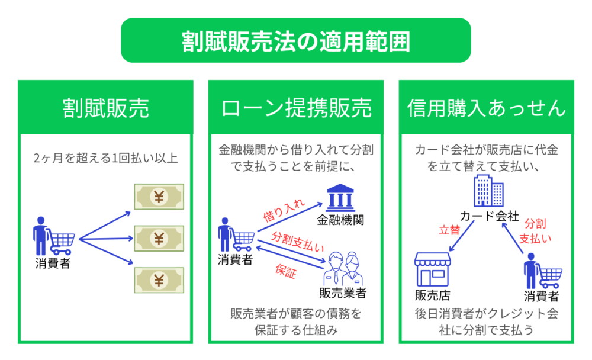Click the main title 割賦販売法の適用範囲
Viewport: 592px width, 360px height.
[295, 41]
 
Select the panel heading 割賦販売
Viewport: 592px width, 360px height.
[106, 108]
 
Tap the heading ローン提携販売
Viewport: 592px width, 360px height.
[296, 108]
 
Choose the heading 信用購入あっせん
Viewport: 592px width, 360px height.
[486, 108]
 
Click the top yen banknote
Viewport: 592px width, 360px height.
[159, 197]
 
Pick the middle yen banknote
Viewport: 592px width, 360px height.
[159, 239]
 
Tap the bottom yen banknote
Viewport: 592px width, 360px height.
[159, 280]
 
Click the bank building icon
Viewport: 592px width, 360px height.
[340, 198]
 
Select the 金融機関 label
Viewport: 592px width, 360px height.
[340, 220]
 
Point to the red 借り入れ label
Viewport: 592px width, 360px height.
[284, 210]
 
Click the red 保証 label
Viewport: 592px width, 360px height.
[286, 271]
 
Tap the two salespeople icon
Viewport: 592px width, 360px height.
[343, 269]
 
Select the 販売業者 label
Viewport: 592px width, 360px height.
[343, 293]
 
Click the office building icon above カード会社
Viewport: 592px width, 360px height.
[488, 191]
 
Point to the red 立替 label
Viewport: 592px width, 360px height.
[449, 230]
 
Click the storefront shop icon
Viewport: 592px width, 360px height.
[433, 269]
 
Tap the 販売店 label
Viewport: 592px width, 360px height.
[433, 295]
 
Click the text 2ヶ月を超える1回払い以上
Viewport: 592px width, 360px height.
[106, 158]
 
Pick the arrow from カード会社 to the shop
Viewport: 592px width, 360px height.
[461, 236]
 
